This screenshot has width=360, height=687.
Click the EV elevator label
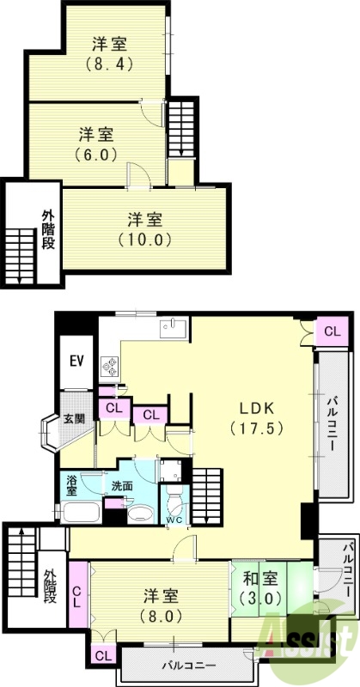click(76, 362)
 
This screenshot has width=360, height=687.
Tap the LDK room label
click(257, 409)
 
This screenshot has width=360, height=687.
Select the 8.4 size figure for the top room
click(109, 65)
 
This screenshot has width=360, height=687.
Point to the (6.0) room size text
click(96, 155)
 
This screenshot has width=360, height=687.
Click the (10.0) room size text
click(144, 239)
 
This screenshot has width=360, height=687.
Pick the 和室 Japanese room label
click(260, 579)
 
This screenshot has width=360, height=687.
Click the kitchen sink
click(173, 328)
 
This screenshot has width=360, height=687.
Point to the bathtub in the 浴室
click(80, 512)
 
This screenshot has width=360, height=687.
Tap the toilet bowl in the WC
click(174, 502)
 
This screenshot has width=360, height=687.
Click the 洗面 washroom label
click(121, 486)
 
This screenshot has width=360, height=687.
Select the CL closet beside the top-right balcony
click(332, 331)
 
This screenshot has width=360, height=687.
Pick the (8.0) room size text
click(161, 617)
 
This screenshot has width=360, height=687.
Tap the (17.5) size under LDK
click(257, 428)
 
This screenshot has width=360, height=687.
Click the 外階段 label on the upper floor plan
click(48, 229)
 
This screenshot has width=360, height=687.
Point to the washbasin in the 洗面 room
click(140, 514)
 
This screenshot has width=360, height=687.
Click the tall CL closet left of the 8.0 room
click(78, 594)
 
